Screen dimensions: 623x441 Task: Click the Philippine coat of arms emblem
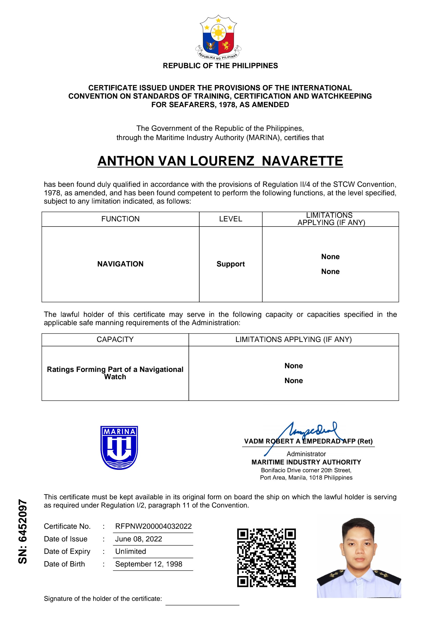pos(218,38)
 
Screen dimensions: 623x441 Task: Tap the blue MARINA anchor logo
pos(119,447)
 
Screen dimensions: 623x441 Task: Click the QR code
pos(266,557)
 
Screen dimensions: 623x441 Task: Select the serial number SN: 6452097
pos(23,531)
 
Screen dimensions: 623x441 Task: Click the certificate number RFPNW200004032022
pos(153,526)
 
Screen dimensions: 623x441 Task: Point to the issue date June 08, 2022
pos(138,539)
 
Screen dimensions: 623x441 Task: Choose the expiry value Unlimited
pos(131,551)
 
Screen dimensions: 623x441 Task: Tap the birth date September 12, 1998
pos(148,564)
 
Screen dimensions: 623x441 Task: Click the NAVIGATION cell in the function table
pos(120,264)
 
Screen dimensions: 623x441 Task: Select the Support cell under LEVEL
pos(231,264)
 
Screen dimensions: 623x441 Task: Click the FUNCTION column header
pos(120,219)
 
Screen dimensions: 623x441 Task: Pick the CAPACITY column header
pos(115,340)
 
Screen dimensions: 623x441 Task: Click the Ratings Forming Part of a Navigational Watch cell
pos(115,373)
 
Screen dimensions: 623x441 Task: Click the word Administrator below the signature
pos(306,454)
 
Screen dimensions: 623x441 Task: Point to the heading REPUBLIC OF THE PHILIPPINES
pos(220,66)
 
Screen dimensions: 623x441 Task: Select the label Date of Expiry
pos(67,551)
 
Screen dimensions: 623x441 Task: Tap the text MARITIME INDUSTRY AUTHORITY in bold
pos(306,462)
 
